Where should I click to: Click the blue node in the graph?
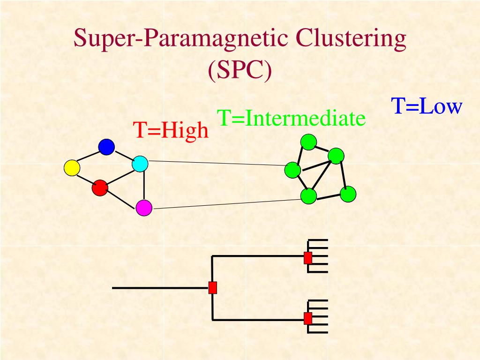(x=106, y=147)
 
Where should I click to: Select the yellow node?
(x=72, y=167)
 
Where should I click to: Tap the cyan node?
(x=140, y=164)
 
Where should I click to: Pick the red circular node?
(x=100, y=187)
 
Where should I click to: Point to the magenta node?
(x=144, y=208)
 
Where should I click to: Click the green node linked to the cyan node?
(x=292, y=170)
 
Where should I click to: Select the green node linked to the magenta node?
(x=308, y=196)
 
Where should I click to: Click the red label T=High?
(x=171, y=130)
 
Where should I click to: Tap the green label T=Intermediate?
(x=291, y=119)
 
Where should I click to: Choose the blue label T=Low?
(x=427, y=106)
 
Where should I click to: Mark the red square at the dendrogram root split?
(x=213, y=287)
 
